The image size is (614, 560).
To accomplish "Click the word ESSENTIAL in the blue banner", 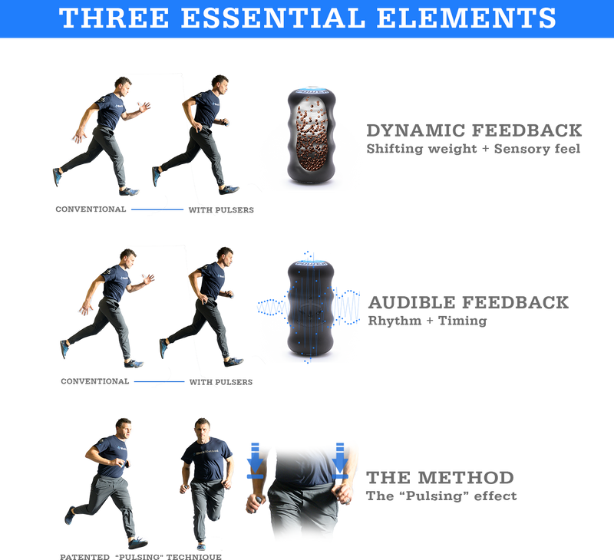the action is [x=273, y=18].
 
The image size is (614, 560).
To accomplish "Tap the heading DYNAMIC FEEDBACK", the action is [x=474, y=130].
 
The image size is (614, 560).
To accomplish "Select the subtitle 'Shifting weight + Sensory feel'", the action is [x=473, y=149].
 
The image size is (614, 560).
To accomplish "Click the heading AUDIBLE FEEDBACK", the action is [x=468, y=302].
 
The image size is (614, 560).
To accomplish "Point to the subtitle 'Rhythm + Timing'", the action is [x=427, y=321].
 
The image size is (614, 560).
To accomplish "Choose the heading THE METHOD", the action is [x=440, y=478].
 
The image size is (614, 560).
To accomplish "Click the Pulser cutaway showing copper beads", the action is [x=312, y=136].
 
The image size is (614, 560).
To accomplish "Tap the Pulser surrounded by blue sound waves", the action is [x=311, y=308].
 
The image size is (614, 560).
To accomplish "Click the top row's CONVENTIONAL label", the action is [x=91, y=209].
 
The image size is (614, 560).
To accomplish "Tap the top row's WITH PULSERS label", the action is [x=221, y=210].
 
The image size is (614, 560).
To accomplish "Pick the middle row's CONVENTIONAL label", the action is [x=94, y=381].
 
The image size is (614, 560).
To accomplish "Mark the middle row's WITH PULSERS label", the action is [x=221, y=382].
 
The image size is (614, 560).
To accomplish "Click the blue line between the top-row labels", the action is [x=157, y=209].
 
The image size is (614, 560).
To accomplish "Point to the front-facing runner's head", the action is [x=202, y=428].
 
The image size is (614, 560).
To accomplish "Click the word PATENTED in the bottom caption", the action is [x=84, y=557].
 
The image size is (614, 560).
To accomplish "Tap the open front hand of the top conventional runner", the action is [x=144, y=107].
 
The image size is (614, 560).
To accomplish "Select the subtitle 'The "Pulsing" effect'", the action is [x=441, y=496].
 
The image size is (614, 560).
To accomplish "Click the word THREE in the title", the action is [x=114, y=18].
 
